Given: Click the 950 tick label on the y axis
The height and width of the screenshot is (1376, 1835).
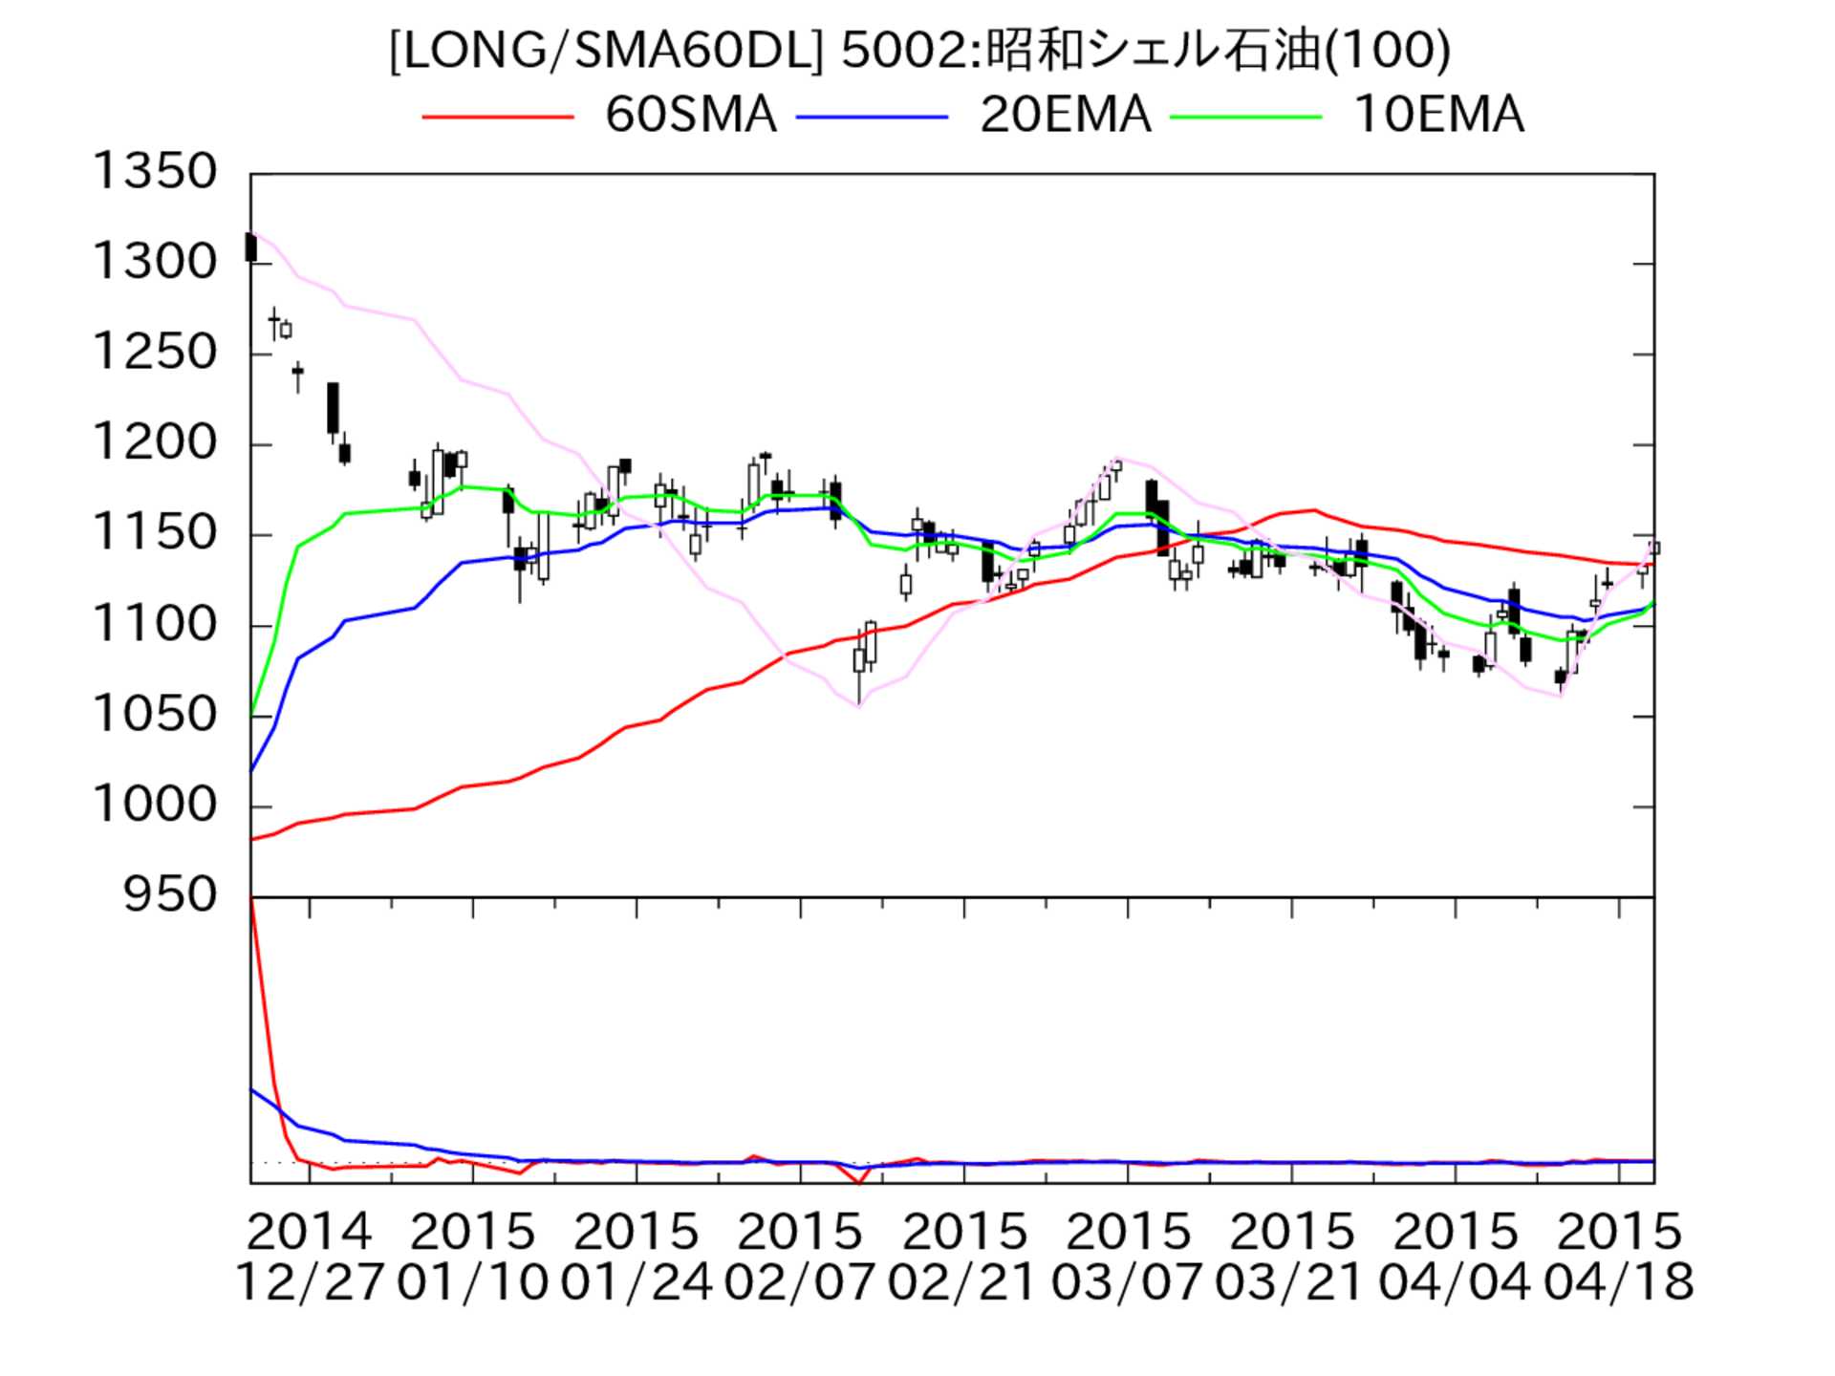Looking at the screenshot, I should tap(170, 896).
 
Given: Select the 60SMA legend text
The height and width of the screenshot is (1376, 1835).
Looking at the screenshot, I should tap(690, 116).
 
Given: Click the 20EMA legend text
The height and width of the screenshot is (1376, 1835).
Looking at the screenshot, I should tap(1065, 116).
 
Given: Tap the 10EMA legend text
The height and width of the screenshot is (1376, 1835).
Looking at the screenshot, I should tap(1438, 116).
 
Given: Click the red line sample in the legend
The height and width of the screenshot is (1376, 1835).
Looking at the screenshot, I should tap(498, 117).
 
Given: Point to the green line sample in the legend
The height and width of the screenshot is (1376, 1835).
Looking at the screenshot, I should tap(1246, 117).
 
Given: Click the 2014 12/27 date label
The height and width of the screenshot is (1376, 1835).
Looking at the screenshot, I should tap(309, 1257).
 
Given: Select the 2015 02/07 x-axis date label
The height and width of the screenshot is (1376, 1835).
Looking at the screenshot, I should tap(800, 1257).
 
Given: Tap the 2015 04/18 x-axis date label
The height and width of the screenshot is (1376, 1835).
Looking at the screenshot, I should tap(1618, 1257).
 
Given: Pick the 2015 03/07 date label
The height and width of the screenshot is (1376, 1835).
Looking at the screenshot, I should tap(1127, 1257).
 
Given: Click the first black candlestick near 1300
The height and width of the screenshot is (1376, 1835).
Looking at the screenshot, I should tap(251, 247).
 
